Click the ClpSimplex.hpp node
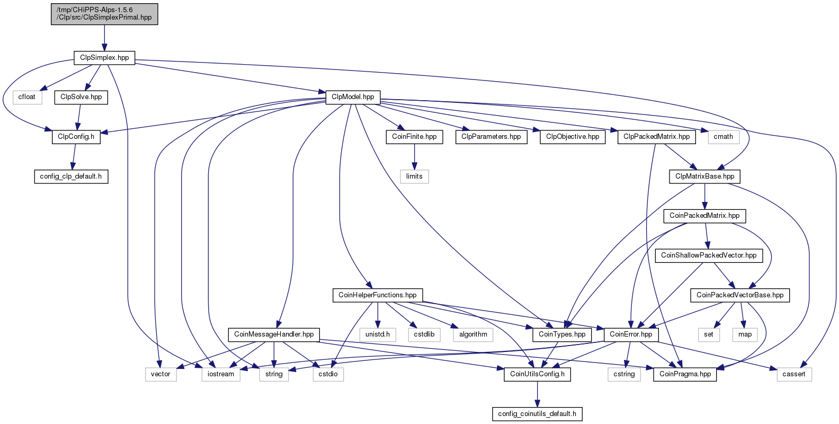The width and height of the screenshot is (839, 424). (x=104, y=58)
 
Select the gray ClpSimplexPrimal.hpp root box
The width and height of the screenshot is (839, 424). (x=104, y=14)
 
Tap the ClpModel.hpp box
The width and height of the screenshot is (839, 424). (x=353, y=97)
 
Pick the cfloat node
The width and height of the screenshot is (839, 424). (x=27, y=97)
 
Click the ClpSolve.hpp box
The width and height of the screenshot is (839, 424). (x=81, y=97)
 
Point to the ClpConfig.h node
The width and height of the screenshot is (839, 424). (x=76, y=137)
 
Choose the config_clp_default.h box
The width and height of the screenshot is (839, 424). (x=71, y=176)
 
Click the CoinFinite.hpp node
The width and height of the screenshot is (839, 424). (x=414, y=137)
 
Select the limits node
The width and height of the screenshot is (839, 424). (x=414, y=176)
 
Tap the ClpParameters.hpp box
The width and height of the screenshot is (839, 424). (x=492, y=137)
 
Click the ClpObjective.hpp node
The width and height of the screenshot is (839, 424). (x=573, y=137)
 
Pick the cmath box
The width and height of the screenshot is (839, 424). (x=724, y=137)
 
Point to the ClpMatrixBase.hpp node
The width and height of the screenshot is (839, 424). (x=705, y=176)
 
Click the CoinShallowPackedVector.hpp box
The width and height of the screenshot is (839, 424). (x=709, y=255)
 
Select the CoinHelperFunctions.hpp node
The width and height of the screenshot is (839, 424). (x=378, y=295)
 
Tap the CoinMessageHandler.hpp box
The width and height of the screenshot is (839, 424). (x=274, y=335)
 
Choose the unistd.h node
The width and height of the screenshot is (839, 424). (x=378, y=335)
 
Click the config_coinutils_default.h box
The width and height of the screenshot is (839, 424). (x=537, y=414)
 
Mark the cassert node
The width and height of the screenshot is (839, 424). (x=794, y=375)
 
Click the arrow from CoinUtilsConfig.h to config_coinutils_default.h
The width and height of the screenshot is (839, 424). (x=537, y=394)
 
